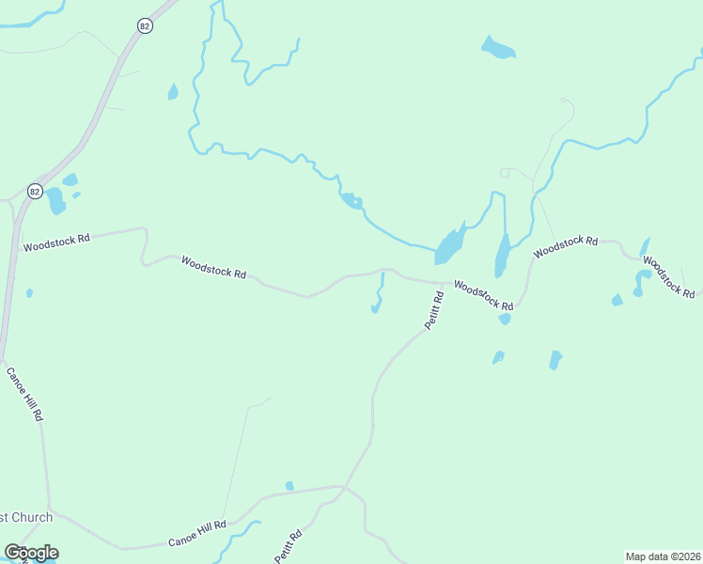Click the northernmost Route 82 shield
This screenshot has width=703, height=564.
click(x=144, y=26)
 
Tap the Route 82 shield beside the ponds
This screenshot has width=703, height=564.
click(x=35, y=191)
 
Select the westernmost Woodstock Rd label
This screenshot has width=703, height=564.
click(x=56, y=241)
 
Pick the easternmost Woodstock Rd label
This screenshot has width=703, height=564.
click(x=669, y=274)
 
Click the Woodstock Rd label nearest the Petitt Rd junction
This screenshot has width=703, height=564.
click(x=484, y=295)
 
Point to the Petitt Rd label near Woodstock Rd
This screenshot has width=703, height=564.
click(x=433, y=309)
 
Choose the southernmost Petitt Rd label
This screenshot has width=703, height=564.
click(x=289, y=546)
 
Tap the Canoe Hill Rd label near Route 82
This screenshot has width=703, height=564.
click(x=25, y=393)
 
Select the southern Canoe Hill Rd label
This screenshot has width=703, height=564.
click(x=198, y=533)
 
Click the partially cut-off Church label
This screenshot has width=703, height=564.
click(x=25, y=517)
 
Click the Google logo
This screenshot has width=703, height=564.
click(x=31, y=553)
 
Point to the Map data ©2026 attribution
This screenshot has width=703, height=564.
click(x=663, y=556)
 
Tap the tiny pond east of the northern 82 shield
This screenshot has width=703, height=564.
click(x=173, y=91)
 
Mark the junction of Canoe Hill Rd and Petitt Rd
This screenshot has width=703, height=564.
click(x=345, y=487)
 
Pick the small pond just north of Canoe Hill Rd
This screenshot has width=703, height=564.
click(x=289, y=485)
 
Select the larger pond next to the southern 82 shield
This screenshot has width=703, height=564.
click(x=55, y=199)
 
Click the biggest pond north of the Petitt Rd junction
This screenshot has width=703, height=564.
click(x=450, y=246)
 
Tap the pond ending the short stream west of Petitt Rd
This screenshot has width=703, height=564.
click(x=376, y=307)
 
